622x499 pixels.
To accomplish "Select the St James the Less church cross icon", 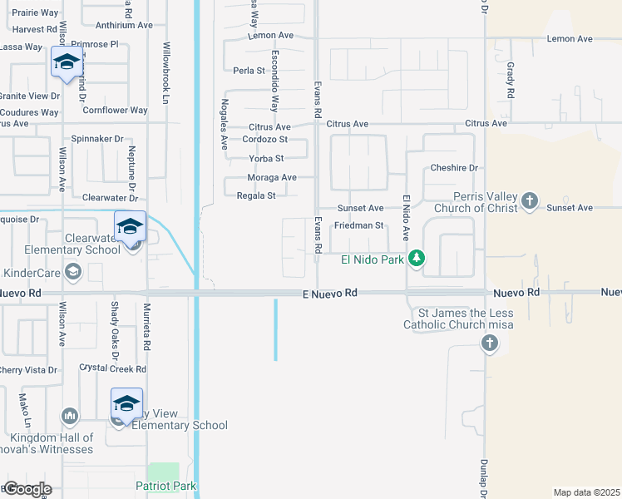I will click(x=490, y=343).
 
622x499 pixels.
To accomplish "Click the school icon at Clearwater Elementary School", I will click(x=131, y=226).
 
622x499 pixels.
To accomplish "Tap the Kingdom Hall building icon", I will click(x=70, y=415).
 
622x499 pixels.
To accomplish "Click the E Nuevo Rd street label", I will click(x=329, y=293).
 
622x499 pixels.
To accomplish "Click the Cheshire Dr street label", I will click(x=454, y=168).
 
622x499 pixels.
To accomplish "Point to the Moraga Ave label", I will click(x=272, y=178).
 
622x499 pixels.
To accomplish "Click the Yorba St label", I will click(x=266, y=159).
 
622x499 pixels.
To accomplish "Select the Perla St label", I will click(x=249, y=71).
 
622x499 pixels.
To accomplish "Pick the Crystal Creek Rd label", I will click(x=113, y=368).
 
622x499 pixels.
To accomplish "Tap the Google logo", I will click(x=27, y=489).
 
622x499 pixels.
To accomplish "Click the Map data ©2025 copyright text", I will click(x=586, y=492).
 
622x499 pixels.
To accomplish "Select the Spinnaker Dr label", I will click(x=97, y=139).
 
